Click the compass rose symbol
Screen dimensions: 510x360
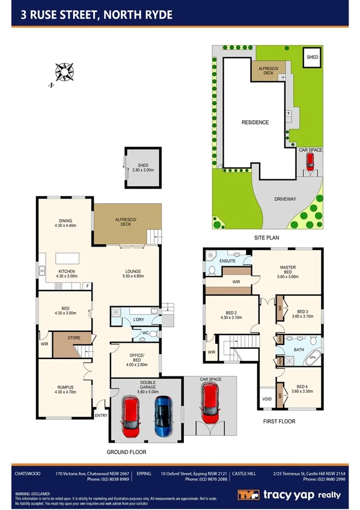tap(63, 72)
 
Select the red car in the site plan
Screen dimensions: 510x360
tap(310, 161)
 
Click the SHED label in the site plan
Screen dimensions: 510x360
tap(312, 57)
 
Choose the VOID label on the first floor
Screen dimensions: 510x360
tap(267, 399)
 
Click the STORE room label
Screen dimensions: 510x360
tap(73, 338)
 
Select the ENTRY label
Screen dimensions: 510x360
tap(101, 416)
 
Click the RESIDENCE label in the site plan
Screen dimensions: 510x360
tap(255, 122)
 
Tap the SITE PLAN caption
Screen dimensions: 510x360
tap(266, 238)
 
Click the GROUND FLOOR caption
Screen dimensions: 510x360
tap(126, 452)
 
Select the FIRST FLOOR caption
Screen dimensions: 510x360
tap(279, 422)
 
